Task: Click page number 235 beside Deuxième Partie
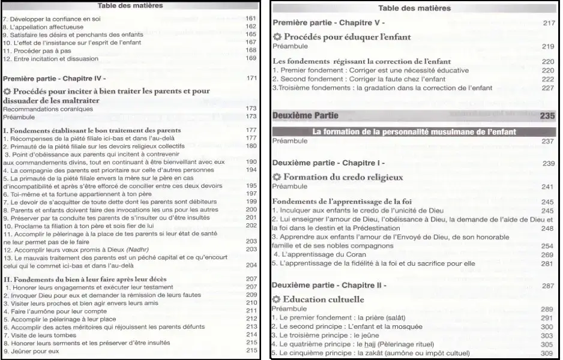(x=547, y=116)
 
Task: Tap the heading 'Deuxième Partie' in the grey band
(x=306, y=116)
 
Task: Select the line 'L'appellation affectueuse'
(x=41, y=26)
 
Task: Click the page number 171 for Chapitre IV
(x=251, y=79)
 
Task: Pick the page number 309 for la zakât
(x=547, y=353)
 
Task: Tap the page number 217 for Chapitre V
(x=547, y=23)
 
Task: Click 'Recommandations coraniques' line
(x=48, y=109)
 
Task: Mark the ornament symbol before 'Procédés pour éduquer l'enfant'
(x=277, y=37)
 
